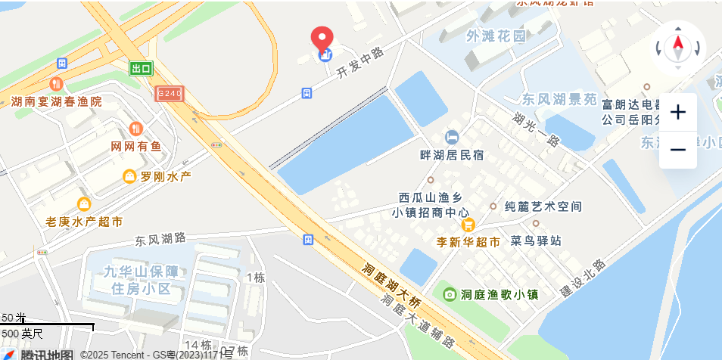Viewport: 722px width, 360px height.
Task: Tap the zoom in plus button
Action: coord(678,113)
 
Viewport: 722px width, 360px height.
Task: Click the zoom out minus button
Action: coord(678,150)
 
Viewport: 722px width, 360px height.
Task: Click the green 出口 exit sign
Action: coord(141,69)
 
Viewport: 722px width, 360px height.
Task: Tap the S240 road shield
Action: coord(169,94)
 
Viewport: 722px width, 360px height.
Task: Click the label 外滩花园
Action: coord(496,36)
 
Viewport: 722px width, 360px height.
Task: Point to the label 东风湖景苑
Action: coord(559,99)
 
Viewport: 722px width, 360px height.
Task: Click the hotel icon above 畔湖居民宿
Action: coord(452,137)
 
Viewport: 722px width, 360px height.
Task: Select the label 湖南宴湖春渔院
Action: coord(56,101)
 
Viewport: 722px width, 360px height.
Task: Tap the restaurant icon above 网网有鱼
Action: coord(136,129)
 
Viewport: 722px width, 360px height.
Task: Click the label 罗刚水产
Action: coord(166,176)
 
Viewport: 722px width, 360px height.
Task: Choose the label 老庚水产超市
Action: coord(84,222)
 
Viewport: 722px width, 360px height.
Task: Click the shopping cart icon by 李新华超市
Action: coord(468,225)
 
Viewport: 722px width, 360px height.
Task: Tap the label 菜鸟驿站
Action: coord(536,241)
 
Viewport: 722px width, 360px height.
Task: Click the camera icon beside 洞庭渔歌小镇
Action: coord(450,294)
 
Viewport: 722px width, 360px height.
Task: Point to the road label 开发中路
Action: coord(360,63)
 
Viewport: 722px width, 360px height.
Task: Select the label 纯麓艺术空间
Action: coord(543,206)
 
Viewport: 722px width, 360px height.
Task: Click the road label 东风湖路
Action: coord(160,240)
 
